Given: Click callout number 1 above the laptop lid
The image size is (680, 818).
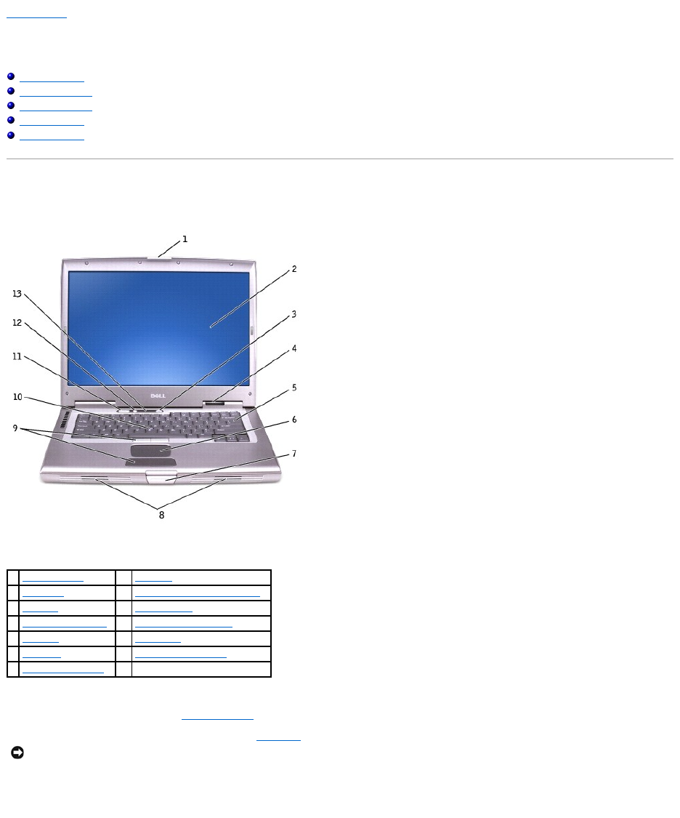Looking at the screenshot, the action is coord(185,238).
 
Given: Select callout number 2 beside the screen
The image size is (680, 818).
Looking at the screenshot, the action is coord(294,269).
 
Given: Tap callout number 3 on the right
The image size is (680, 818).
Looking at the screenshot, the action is coord(294,315).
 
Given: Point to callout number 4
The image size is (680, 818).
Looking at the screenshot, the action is coord(294,348).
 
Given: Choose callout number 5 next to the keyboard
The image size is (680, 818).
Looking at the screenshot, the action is coord(294,388).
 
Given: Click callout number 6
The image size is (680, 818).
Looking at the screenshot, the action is coord(294,420).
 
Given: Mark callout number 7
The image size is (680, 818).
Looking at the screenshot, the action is coord(294,454).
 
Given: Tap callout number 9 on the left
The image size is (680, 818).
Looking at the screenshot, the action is coord(16,428).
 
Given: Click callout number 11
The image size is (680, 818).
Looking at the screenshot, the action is coord(16,356).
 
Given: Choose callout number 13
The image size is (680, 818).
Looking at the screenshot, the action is coord(16,294).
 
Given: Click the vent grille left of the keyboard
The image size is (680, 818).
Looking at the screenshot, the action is coord(63,420).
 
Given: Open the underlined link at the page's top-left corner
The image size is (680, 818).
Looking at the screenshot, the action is coord(36,15).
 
